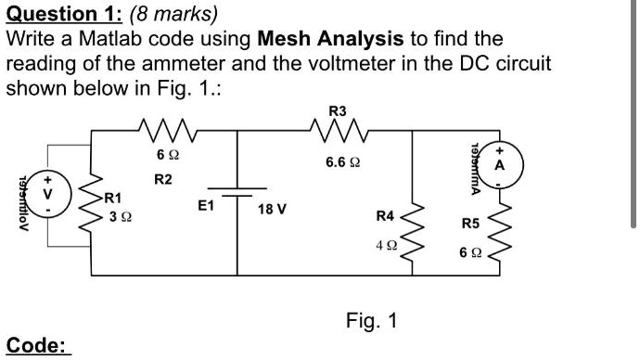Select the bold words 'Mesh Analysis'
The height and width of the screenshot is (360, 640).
coord(330,39)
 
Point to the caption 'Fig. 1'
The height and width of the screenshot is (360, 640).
coord(371,321)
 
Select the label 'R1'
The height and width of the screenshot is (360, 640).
coord(112,197)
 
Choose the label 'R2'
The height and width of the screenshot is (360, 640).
coord(162,178)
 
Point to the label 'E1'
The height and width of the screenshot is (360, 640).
coord(206,208)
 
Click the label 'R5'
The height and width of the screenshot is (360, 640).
coord(471,224)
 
